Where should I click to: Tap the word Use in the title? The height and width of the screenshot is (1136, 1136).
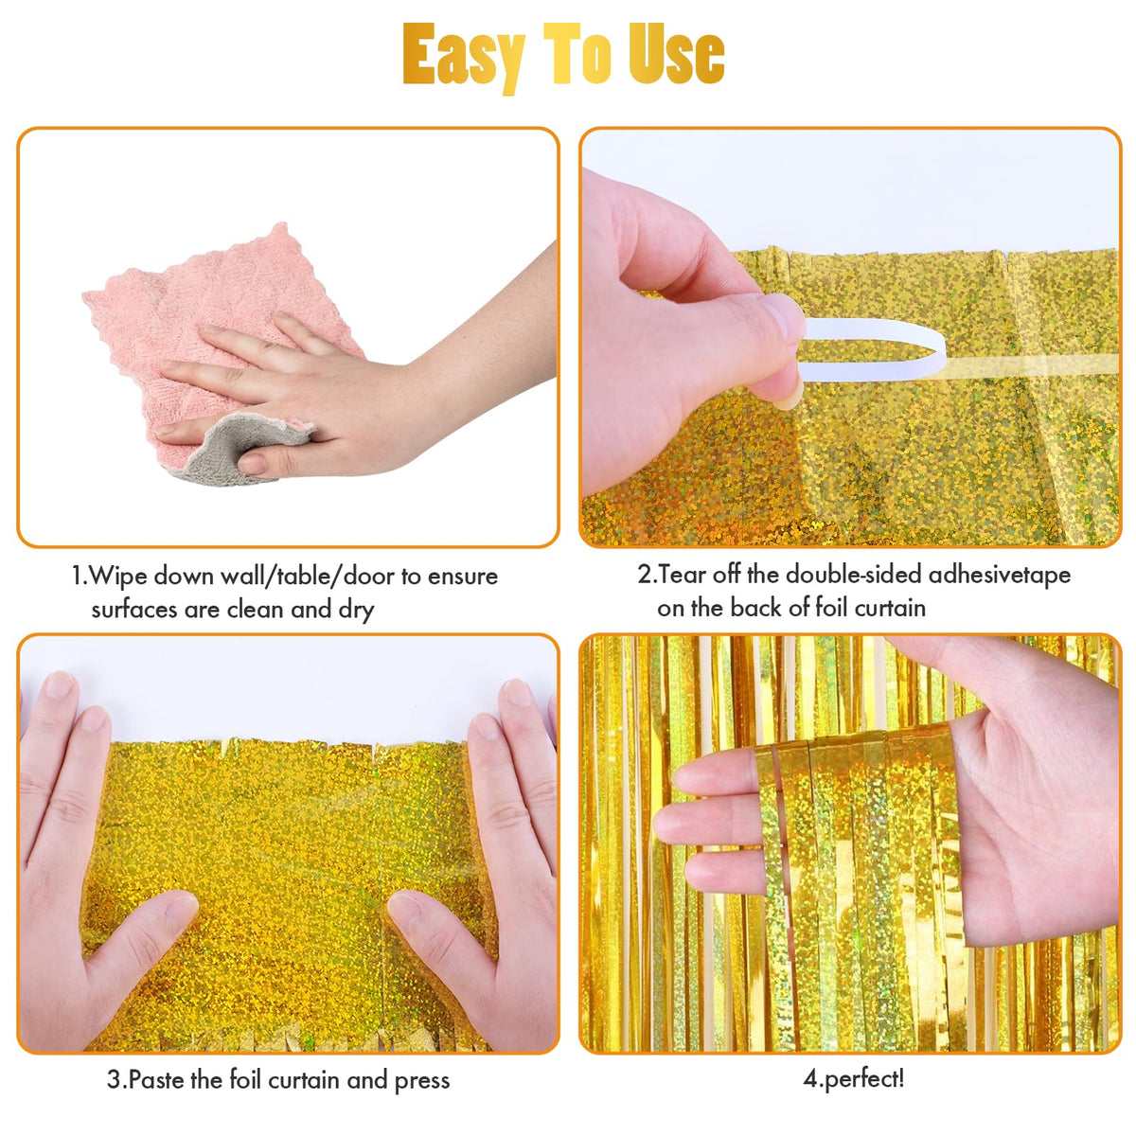click(x=676, y=54)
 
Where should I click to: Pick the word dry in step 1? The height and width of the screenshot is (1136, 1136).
click(x=356, y=611)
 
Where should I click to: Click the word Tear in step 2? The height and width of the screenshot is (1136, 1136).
click(x=682, y=575)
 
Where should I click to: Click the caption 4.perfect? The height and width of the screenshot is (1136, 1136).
click(x=853, y=1080)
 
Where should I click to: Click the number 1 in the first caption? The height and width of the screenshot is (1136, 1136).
click(x=78, y=576)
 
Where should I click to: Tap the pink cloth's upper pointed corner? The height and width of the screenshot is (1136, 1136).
click(x=281, y=225)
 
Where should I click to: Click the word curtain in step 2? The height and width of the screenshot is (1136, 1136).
click(x=890, y=608)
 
